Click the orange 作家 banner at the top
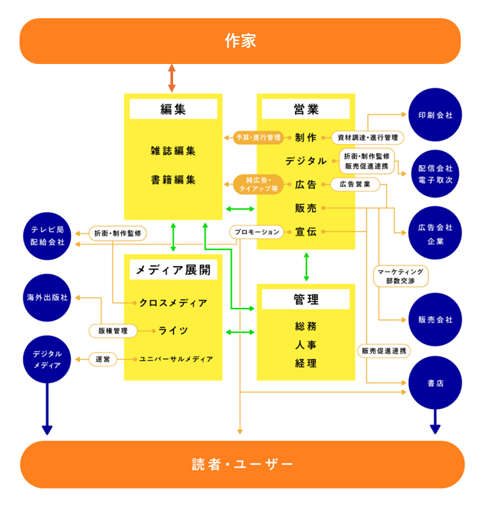coord(240,41)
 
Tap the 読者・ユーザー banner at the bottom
coord(243,464)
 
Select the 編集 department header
coord(173,109)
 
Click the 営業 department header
coord(306,109)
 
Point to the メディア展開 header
coord(173,270)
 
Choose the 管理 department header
coord(306,299)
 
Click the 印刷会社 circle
coord(435,115)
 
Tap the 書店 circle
coord(435,383)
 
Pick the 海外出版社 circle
coord(47,297)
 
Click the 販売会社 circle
coord(435,319)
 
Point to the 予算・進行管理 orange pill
coord(258,137)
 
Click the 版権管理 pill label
coord(112,331)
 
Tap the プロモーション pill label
coord(256,232)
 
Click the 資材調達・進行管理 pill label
coord(367,137)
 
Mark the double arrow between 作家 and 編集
coord(172,78)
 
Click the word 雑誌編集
coord(173,151)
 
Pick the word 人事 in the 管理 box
coord(306,345)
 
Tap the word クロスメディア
coord(173,302)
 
